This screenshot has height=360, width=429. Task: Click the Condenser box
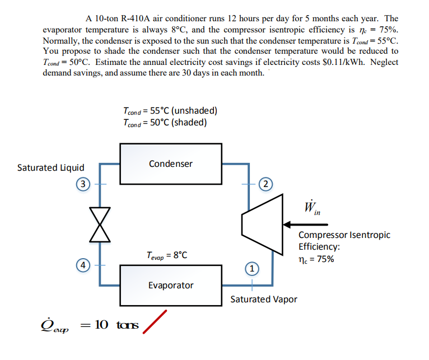170,163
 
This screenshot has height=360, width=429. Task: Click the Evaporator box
170,284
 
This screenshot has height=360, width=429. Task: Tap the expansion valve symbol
100,225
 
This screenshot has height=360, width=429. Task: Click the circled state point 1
252,269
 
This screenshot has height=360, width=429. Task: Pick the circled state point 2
266,184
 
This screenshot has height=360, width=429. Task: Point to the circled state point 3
83,184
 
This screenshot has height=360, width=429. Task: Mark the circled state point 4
83,265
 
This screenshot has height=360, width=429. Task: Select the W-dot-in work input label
313,208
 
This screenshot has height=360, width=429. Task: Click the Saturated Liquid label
51,167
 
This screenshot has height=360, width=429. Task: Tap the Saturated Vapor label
264,300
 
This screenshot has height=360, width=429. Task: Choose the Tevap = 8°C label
166,255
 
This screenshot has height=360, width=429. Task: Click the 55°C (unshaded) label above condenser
170,110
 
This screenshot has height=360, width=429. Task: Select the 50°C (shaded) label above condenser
165,122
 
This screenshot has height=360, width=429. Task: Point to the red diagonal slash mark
155,322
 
